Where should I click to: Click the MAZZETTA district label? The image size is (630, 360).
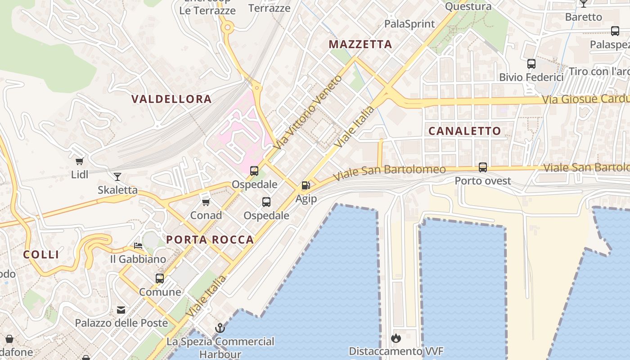pos(360,45)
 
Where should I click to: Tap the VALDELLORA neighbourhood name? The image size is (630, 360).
pos(171,99)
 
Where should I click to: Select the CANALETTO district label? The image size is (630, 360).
pos(464,131)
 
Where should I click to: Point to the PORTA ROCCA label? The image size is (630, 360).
pos(210,240)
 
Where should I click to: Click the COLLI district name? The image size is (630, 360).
pos(41,255)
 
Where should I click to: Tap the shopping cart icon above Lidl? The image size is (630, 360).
pos(80,161)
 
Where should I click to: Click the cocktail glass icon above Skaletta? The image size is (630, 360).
pos(117,177)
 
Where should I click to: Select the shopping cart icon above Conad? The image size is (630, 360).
pos(206,202)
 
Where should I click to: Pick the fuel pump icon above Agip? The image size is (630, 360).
pos(306,185)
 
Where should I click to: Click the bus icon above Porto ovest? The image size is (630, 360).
pos(483,167)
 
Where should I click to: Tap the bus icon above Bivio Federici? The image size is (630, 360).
pos(531,64)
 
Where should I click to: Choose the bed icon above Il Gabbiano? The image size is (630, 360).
pos(138,246)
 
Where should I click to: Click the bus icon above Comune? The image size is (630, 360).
pos(160,279)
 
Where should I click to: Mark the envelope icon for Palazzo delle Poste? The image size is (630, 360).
pos(121,310)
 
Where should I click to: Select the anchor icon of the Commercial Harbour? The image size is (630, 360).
pos(220,328)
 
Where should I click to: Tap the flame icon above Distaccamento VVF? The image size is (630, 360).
pos(396,338)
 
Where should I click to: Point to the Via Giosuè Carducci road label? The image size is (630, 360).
pos(585,99)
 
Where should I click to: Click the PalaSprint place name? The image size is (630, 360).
pos(409,24)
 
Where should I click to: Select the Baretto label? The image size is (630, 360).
pos(583,17)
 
